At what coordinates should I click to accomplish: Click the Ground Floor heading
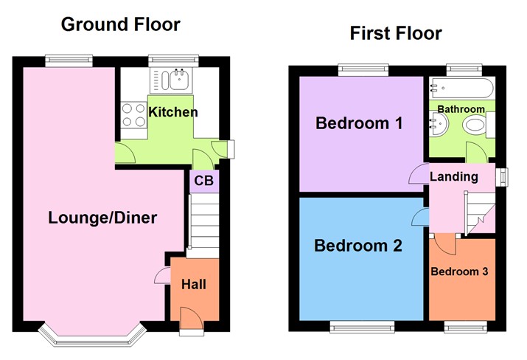coord(120,24)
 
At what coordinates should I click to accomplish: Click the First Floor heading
coord(396,33)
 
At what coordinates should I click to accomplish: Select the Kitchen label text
coord(173,112)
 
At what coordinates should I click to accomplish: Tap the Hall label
coord(195,284)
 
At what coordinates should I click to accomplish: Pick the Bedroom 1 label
coord(359,123)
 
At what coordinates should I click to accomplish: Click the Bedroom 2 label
coord(358,246)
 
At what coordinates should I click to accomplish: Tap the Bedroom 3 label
coord(460,271)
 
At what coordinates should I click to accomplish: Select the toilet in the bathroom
coord(475,129)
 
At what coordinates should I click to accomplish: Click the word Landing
coord(453,176)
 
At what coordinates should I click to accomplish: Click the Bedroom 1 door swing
coord(417,175)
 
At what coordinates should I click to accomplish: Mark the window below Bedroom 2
coord(361,326)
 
